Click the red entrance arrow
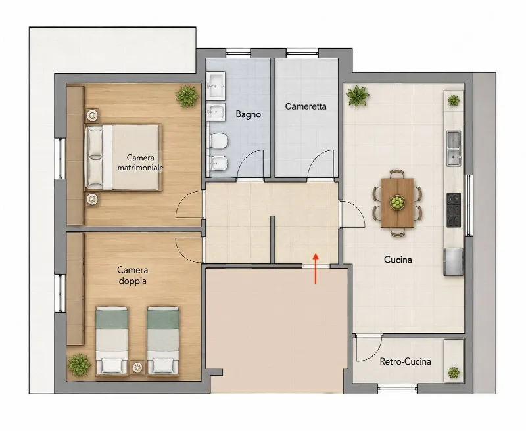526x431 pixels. point(316,269)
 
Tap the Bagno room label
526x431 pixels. point(249,114)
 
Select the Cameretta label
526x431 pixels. point(306,106)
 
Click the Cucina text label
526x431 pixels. point(398,260)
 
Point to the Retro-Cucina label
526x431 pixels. point(405,361)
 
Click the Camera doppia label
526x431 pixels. point(133,275)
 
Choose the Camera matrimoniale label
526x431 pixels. point(140,162)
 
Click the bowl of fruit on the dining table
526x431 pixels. point(397,202)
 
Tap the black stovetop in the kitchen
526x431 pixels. point(454,210)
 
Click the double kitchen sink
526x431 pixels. point(454,148)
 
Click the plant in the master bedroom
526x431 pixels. point(187,97)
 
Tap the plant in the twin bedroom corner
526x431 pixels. point(79,365)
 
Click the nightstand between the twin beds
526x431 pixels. point(137,367)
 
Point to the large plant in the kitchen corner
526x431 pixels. point(358,96)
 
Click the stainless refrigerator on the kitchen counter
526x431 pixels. point(454,261)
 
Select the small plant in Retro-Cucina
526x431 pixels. point(454,373)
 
